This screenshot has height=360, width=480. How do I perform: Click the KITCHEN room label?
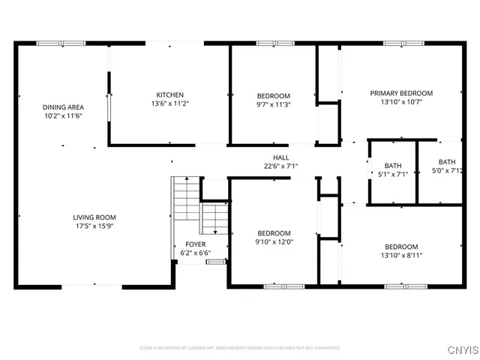[169, 94]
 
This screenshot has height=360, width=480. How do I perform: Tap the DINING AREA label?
[62, 107]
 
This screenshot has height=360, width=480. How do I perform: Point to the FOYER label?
[195, 244]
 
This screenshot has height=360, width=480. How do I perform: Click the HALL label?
[280, 157]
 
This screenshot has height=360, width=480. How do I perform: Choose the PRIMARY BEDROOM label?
[401, 93]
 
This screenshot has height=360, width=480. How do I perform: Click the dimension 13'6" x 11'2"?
[169, 103]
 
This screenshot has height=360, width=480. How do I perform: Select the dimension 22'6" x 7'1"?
[280, 166]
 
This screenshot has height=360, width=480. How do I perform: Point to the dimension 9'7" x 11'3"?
[274, 105]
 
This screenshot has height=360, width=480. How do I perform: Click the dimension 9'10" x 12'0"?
[274, 241]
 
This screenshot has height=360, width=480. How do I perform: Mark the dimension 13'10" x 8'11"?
[401, 256]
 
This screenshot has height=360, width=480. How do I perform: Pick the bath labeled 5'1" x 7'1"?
[393, 170]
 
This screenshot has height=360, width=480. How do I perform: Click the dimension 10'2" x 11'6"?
[62, 116]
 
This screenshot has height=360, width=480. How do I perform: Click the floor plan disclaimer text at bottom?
[240, 348]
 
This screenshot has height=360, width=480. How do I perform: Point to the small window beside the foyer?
[217, 262]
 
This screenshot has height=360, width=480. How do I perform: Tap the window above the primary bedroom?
[398, 43]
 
